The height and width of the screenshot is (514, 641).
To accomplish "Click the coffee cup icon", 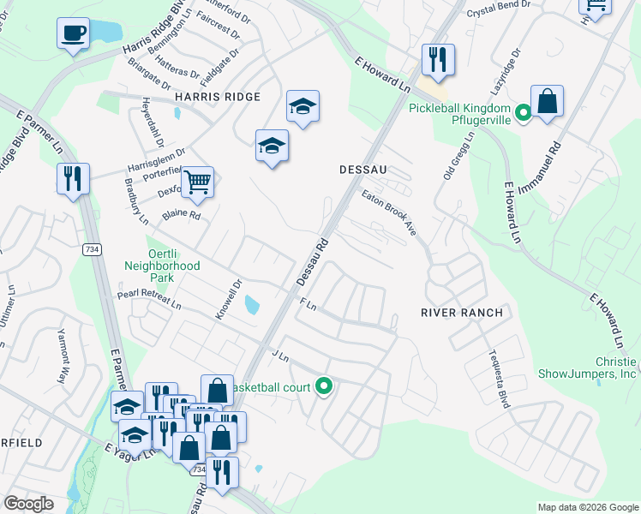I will (x=73, y=33).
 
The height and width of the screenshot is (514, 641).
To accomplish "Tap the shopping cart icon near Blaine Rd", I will (x=197, y=181).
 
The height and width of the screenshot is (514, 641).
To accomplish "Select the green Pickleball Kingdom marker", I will (x=520, y=111).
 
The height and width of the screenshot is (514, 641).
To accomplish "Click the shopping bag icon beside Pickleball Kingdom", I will (x=547, y=101).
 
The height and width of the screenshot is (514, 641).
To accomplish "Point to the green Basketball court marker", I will (x=323, y=387).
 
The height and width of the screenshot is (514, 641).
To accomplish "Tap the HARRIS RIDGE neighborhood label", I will (x=217, y=97).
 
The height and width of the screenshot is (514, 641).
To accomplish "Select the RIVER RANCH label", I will (x=461, y=313).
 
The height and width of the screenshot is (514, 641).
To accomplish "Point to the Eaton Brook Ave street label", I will (x=395, y=214).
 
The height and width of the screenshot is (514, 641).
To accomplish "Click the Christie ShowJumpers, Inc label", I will (x=588, y=368).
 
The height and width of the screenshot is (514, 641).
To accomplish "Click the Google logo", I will (x=29, y=504).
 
